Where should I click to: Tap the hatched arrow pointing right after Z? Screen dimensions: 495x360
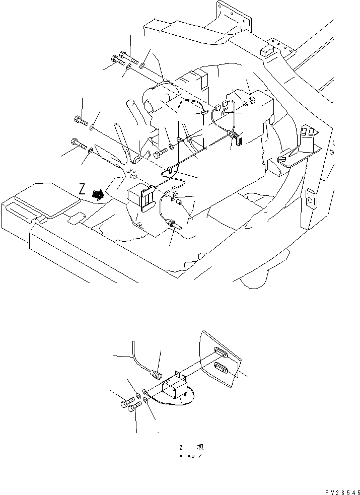tap(99, 193)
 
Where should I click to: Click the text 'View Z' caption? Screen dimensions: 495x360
tap(191, 456)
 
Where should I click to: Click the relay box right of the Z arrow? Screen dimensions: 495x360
tap(142, 197)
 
